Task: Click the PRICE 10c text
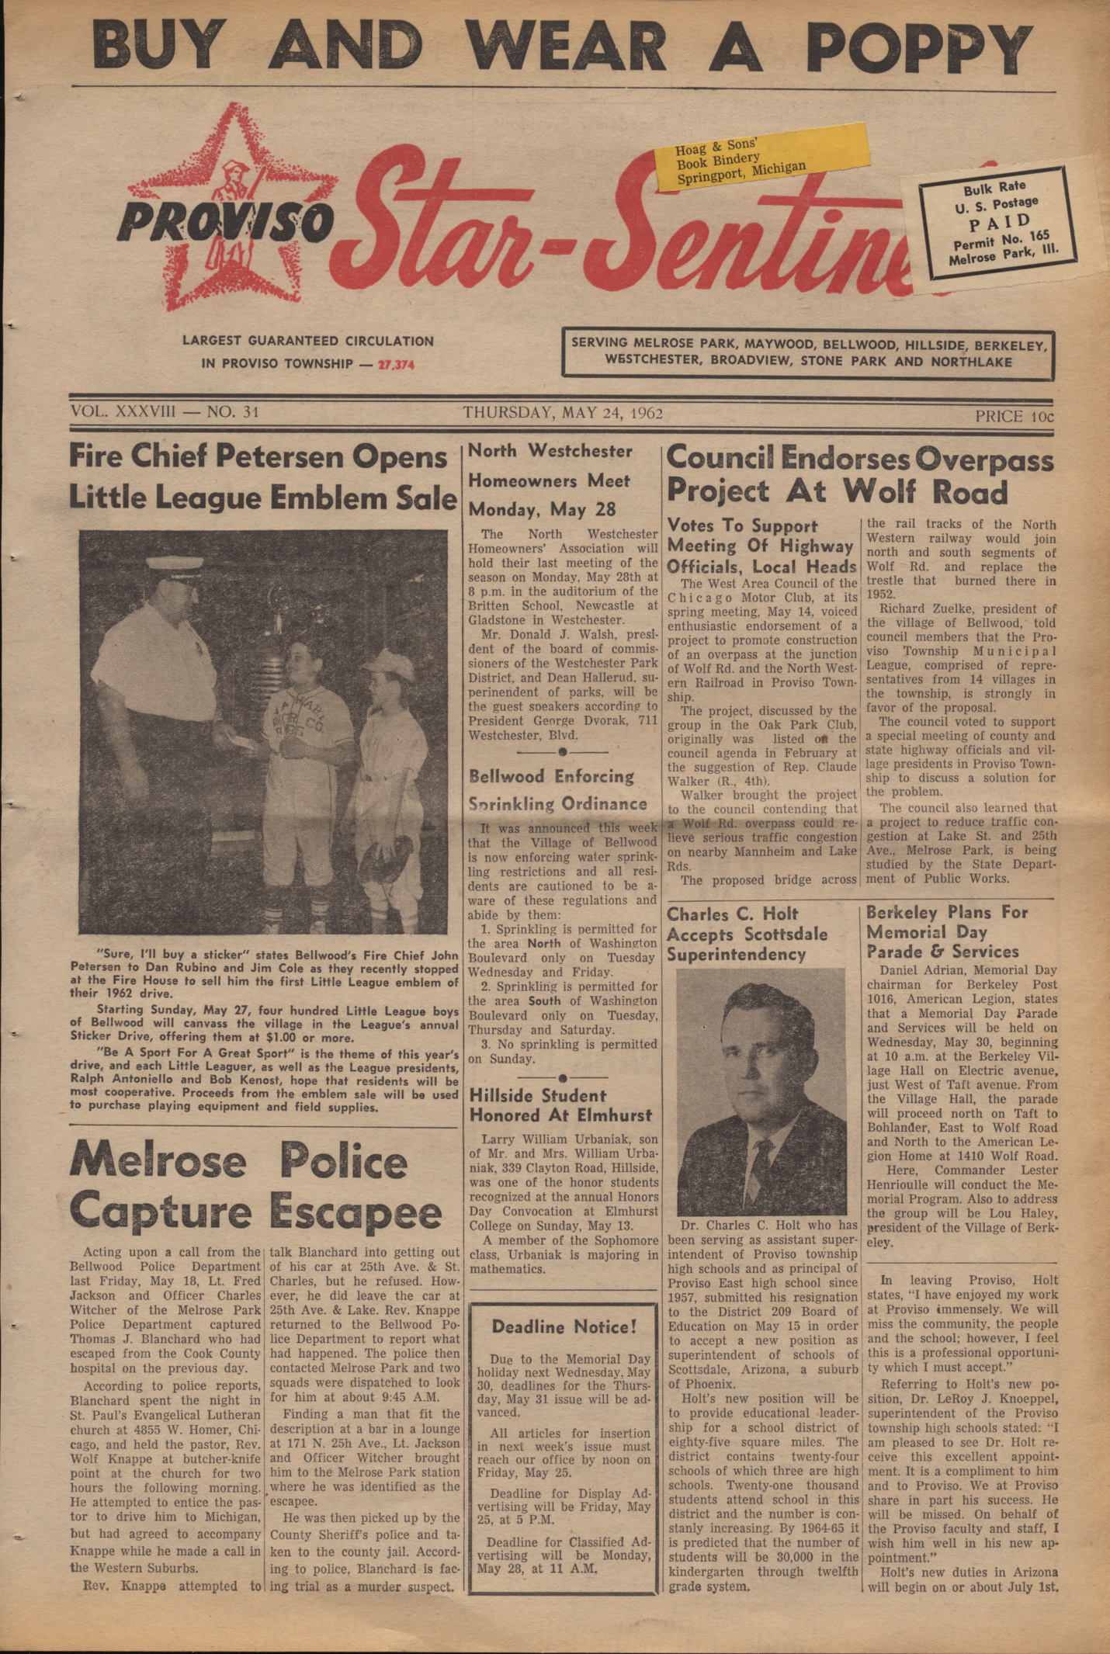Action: [x=1014, y=416]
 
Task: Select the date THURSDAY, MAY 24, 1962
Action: [x=563, y=413]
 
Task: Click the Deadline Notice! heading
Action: [x=564, y=1326]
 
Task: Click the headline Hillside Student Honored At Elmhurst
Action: [x=560, y=1105]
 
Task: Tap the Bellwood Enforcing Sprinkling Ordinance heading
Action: [x=557, y=789]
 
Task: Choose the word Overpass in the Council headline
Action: [x=983, y=460]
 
